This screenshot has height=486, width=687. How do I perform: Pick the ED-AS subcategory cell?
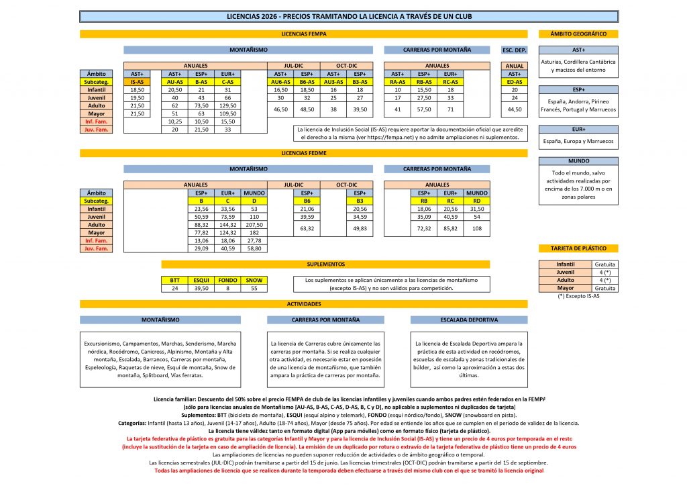[515, 81]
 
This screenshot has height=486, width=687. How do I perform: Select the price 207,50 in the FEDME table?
[254, 224]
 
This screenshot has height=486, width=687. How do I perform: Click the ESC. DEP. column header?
[515, 50]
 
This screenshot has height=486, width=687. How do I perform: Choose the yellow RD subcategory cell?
[476, 200]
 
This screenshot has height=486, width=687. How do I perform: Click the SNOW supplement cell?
[254, 280]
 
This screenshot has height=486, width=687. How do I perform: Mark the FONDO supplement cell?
[227, 280]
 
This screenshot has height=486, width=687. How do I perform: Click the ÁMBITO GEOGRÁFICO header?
[578, 34]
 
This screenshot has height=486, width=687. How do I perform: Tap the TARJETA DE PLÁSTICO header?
[578, 249]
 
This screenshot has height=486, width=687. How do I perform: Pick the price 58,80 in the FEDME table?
[254, 248]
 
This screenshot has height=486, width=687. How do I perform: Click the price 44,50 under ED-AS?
[515, 109]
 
